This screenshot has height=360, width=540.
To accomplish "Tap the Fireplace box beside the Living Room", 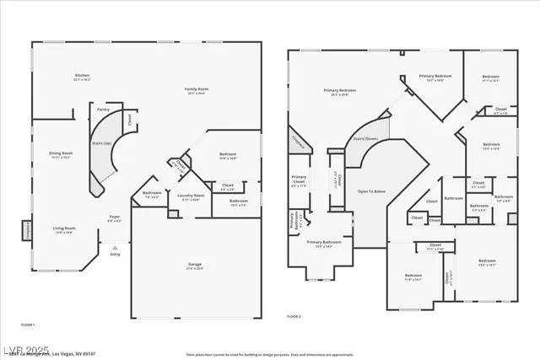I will pyautogui.click(x=25, y=229).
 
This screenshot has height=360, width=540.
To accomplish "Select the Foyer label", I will pyautogui.click(x=115, y=218).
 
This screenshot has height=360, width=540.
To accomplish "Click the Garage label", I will pyautogui.click(x=194, y=266).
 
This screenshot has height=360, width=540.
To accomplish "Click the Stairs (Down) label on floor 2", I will pyautogui.click(x=364, y=138).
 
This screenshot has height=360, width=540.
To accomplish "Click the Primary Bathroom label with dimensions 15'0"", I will pyautogui.click(x=323, y=244).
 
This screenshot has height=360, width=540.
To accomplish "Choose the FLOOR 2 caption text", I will pyautogui.click(x=293, y=315).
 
